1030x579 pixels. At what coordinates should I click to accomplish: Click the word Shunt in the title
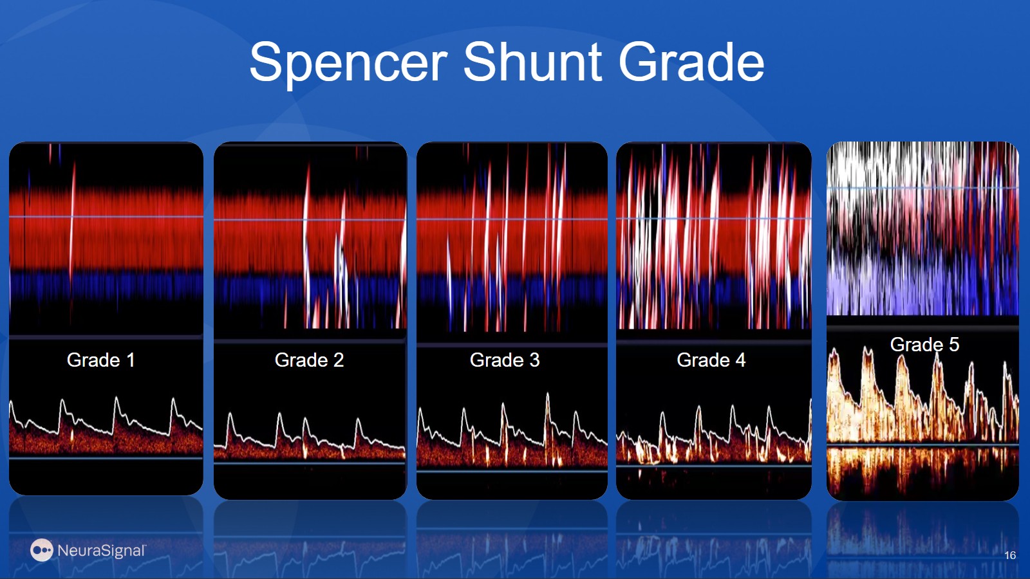coord(532,62)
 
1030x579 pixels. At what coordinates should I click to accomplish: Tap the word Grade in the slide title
coord(691,62)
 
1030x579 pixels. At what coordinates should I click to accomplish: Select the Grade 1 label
coord(100,360)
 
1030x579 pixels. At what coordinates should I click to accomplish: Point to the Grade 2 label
coord(309,360)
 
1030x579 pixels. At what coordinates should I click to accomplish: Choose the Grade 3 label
coord(505,360)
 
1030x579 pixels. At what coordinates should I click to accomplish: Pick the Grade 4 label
coord(711,360)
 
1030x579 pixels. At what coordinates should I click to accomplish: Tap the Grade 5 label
coord(924,344)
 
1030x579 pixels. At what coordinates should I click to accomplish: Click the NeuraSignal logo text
coord(102,550)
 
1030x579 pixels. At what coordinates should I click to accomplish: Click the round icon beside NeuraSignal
coord(41,550)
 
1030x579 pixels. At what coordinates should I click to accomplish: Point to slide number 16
coord(1010,555)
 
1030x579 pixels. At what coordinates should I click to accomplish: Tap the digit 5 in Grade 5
coord(954,344)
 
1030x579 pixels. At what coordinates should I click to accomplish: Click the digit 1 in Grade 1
coord(131,360)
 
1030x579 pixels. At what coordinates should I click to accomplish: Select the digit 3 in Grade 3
coord(534,360)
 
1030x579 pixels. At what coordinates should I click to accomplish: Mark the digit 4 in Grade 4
coord(740,360)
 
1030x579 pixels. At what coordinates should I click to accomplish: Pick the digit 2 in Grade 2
coord(339,360)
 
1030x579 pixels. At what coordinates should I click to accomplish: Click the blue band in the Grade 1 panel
coord(106,287)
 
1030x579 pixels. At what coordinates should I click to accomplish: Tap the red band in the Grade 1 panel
coord(106,230)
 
